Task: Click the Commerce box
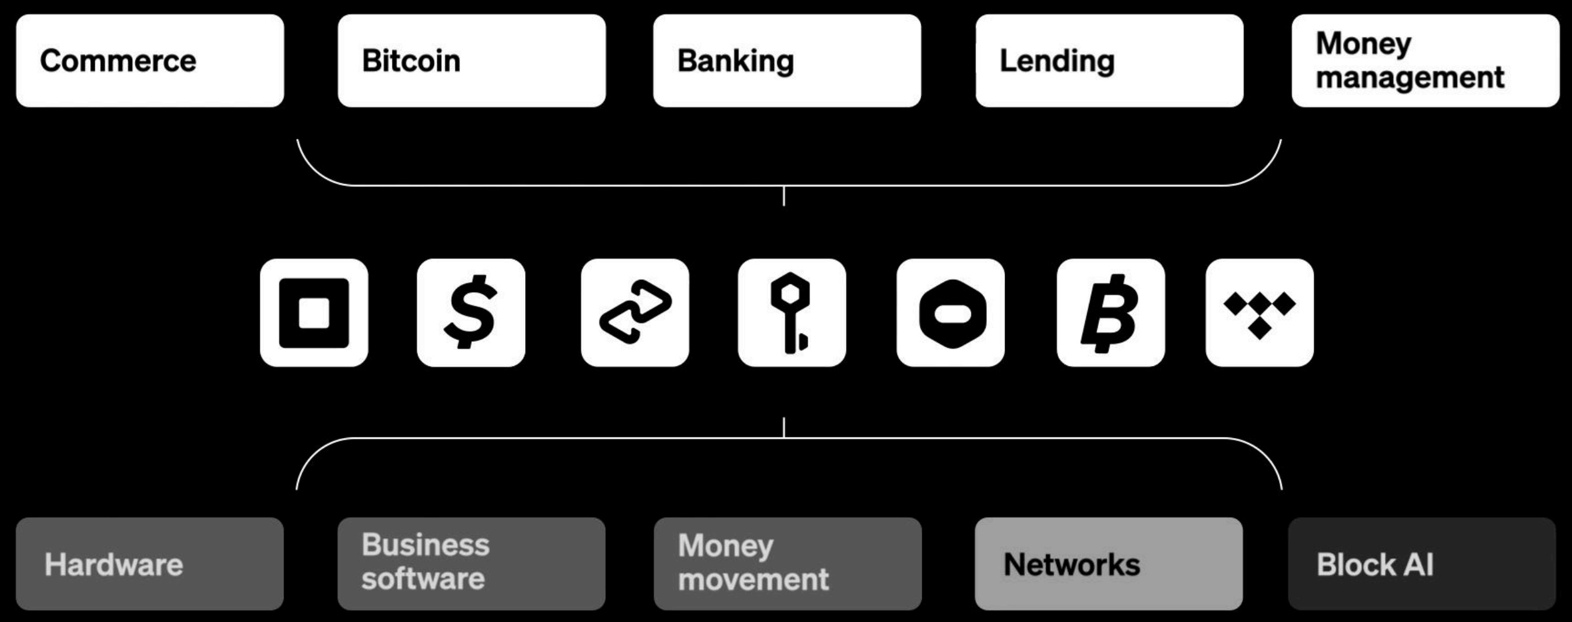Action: pos(150,61)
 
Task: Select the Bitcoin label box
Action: pos(471,61)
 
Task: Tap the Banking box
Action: pos(787,61)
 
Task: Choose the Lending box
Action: pos(1109,61)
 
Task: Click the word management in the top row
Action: pos(1409,78)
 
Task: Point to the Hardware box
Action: pos(150,564)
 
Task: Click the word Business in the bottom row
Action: pos(426,544)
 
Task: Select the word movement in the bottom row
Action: pos(753,579)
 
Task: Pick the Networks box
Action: pos(1108,564)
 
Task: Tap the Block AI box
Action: pos(1422,564)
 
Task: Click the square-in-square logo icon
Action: pos(314,313)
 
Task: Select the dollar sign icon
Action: pos(471,313)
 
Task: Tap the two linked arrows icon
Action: pos(635,313)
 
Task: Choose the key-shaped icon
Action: pos(792,313)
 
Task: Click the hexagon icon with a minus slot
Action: pos(951,313)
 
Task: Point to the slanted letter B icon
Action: pos(1110,313)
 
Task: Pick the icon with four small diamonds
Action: pos(1259,313)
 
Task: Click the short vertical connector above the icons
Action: pos(783,196)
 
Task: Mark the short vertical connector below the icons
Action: pos(783,427)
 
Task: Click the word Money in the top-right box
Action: pos(1363,44)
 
